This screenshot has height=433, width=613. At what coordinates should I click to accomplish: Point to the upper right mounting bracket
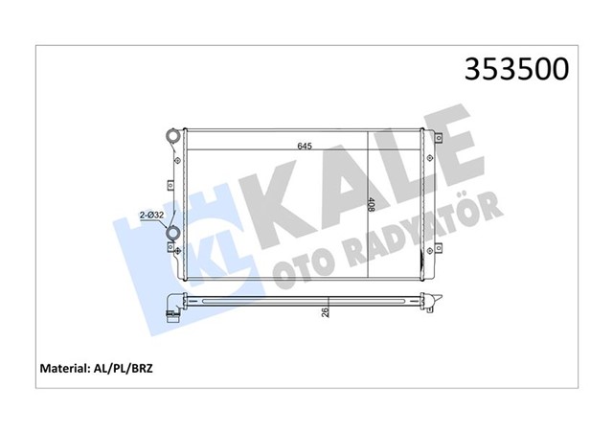pyautogui.click(x=438, y=139)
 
